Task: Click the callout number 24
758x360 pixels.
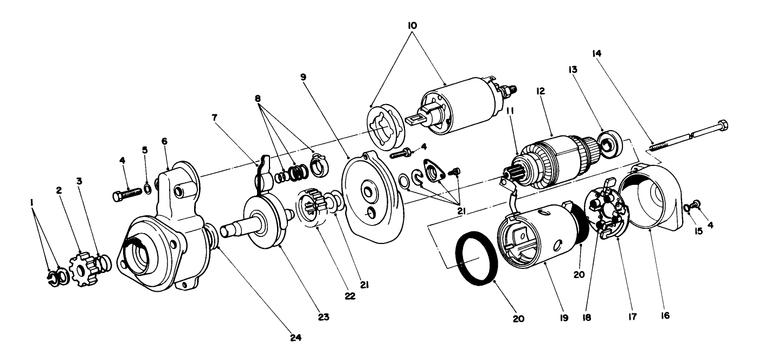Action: (296, 337)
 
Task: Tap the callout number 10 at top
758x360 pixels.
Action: (413, 25)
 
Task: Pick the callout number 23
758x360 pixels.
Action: (324, 314)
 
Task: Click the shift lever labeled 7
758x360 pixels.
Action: (262, 173)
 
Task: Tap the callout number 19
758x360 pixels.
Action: (563, 315)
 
